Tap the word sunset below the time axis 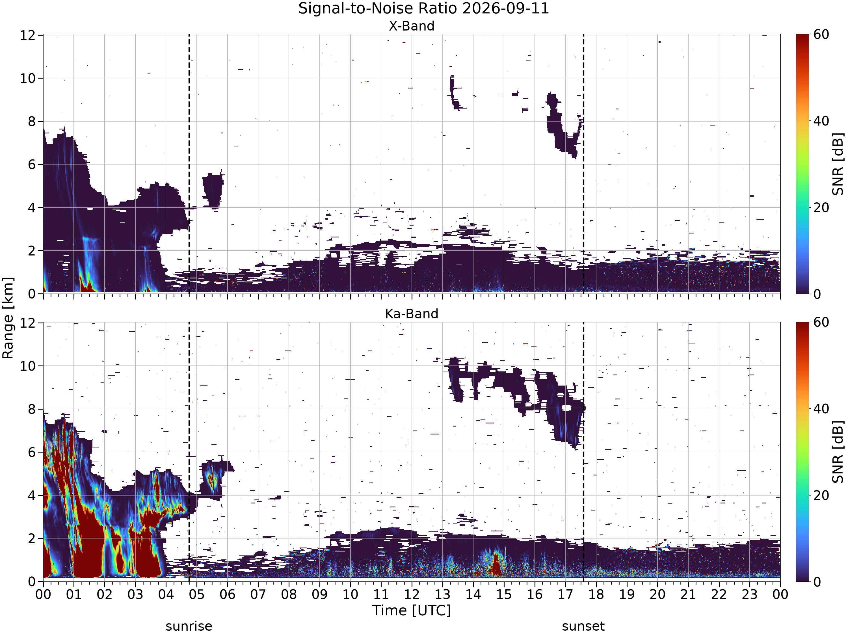coord(583,626)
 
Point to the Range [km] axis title coord(8,318)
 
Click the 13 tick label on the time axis coord(442,595)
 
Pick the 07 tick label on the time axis coord(258,595)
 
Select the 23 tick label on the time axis coord(749,595)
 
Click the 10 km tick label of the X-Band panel coord(28,78)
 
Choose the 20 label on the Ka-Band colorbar coord(821,495)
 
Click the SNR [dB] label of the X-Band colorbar coord(838,164)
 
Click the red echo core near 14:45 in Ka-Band coord(496,564)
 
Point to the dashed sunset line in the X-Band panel coord(583,164)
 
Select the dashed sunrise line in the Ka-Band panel coord(189,452)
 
